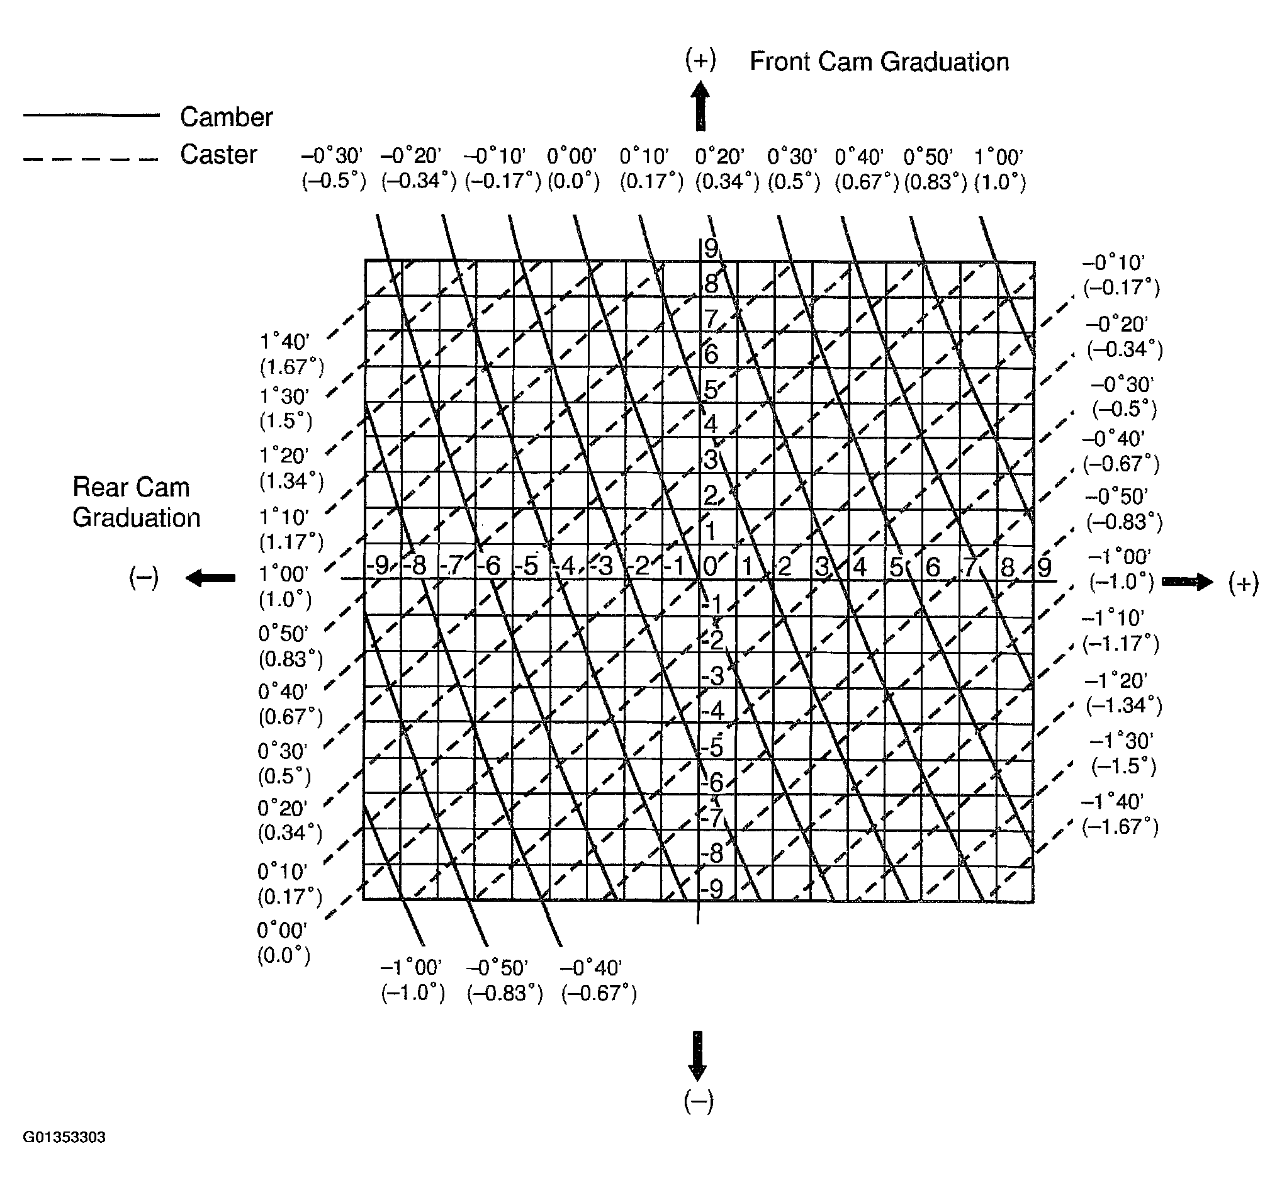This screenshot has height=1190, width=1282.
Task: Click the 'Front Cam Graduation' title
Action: click(879, 62)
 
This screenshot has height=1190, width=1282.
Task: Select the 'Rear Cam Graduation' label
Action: click(135, 502)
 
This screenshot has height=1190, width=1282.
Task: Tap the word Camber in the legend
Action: click(226, 117)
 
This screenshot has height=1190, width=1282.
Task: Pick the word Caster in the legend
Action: click(218, 155)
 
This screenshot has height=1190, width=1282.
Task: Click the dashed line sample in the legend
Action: click(91, 159)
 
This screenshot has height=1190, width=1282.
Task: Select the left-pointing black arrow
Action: click(211, 578)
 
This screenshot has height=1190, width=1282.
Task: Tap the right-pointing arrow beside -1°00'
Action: click(1186, 582)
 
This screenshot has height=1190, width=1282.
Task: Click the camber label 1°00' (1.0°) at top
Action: click(999, 169)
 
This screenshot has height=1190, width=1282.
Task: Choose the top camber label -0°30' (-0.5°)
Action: click(333, 169)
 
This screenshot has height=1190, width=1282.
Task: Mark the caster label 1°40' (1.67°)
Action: click(291, 354)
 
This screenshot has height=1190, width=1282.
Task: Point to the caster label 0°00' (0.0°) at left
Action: click(283, 943)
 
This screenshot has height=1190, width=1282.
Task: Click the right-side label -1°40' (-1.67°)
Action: click(1119, 814)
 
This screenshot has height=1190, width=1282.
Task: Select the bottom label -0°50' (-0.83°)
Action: click(504, 980)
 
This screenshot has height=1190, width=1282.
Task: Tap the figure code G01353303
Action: click(64, 1137)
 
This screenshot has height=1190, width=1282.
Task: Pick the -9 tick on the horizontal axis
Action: click(380, 565)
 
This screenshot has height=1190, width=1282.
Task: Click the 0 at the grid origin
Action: click(709, 566)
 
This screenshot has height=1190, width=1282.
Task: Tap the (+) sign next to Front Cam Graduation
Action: click(700, 60)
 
